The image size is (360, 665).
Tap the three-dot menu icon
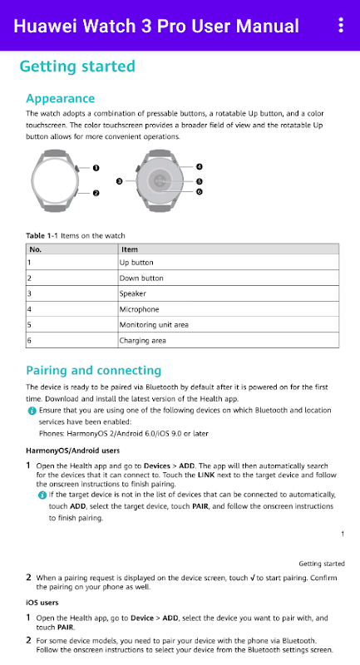[x=341, y=26]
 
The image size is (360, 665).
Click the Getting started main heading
[x=77, y=66]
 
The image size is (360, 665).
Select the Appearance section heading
[x=60, y=98]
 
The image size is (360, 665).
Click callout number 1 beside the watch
[x=96, y=168]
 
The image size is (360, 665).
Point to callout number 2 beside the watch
[x=96, y=193]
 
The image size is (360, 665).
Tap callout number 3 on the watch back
[x=119, y=181]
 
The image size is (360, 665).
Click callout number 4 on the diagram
[x=200, y=167]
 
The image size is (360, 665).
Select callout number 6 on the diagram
[x=200, y=192]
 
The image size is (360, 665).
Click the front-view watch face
[x=55, y=180]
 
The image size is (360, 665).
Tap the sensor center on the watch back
[x=159, y=180]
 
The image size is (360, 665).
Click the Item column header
[x=130, y=249]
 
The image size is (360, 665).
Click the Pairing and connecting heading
[x=93, y=370]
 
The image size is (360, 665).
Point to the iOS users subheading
[x=42, y=603]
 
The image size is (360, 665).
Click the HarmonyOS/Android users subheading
[x=72, y=451]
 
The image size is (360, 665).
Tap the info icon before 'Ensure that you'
[x=32, y=411]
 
